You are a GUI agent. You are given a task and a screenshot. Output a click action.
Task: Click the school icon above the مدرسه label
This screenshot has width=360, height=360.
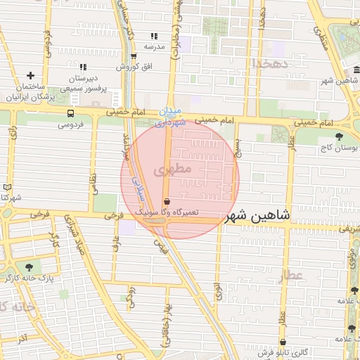[x=154, y=36]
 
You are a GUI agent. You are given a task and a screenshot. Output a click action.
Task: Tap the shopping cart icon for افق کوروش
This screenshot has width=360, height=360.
[x=134, y=57]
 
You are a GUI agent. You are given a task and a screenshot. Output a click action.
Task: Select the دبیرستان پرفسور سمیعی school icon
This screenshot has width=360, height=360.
[x=84, y=67]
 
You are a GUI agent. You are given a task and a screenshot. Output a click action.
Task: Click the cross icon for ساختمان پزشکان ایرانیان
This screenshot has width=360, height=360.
[x=30, y=75]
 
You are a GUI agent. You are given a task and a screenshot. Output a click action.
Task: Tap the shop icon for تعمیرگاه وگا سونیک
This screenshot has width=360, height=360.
[x=166, y=201]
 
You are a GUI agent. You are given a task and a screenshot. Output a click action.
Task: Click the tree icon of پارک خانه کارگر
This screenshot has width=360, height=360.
[x=29, y=267]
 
